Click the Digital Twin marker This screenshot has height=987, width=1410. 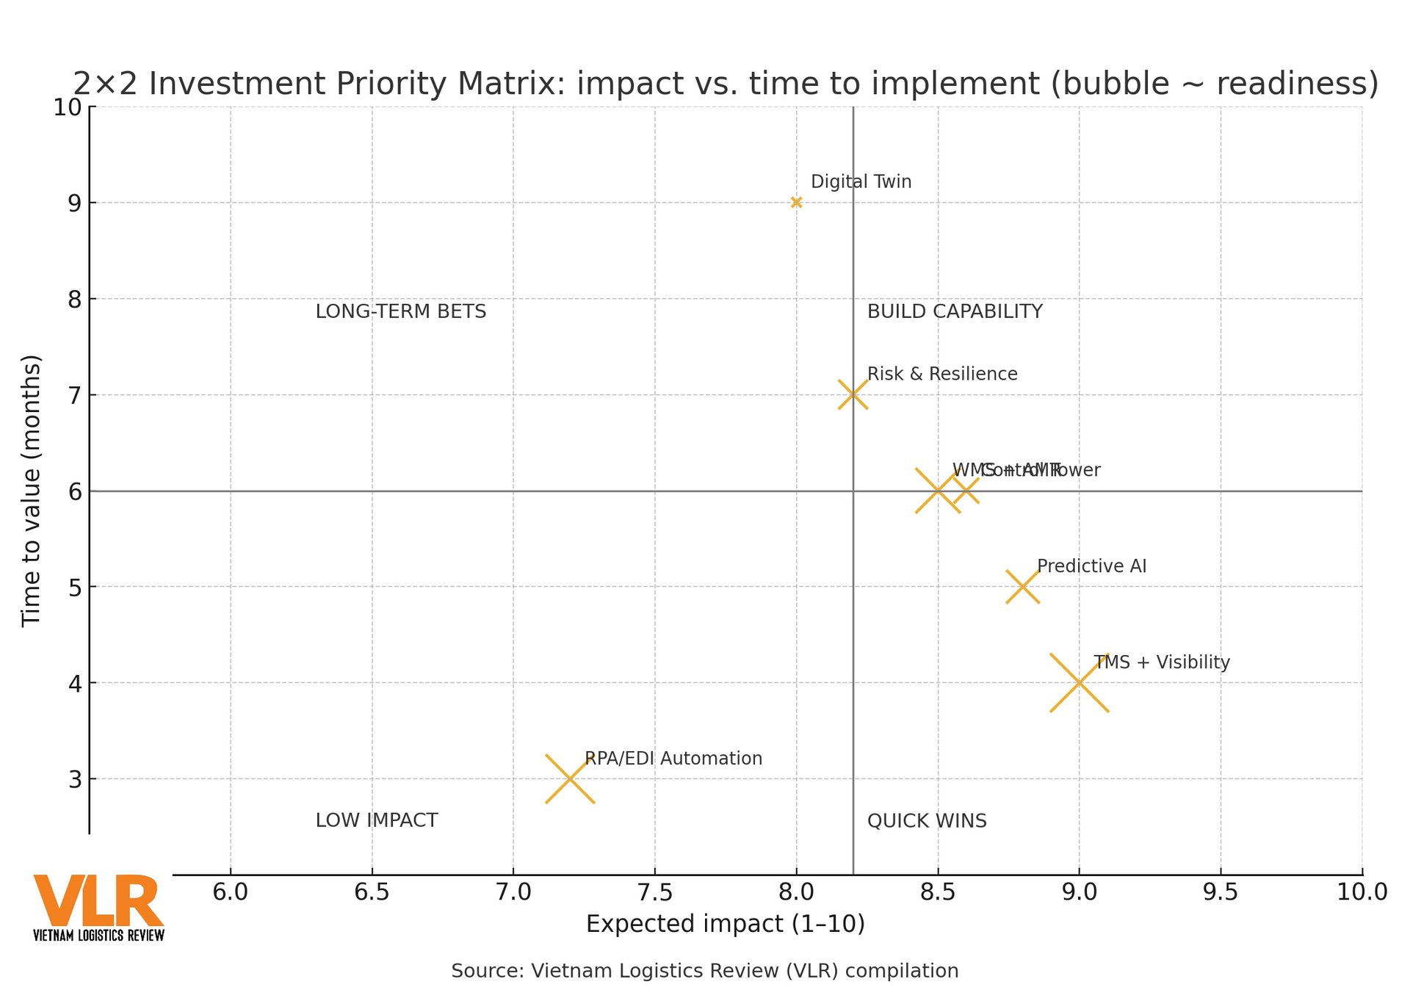coord(796,202)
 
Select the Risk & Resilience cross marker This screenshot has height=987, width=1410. coord(853,394)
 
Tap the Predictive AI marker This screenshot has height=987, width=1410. coord(1022,587)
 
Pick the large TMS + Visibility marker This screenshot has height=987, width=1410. coord(1079,683)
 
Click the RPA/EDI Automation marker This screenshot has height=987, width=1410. coord(570,778)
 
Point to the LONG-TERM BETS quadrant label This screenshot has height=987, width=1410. coord(400,311)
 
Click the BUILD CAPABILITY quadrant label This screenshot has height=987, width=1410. coord(954,311)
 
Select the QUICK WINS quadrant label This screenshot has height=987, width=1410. coord(926,821)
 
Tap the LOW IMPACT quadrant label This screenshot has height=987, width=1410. coord(376,821)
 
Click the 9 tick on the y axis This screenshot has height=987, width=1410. coord(75,203)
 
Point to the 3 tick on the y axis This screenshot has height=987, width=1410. coord(75,779)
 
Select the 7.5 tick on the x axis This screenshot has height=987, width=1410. coord(654,892)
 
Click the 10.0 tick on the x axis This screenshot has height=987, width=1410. coord(1362,892)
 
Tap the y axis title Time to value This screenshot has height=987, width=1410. coord(31,491)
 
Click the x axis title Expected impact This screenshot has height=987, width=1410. coord(725,924)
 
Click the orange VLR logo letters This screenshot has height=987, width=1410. coord(98,901)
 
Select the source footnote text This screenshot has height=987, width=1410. coord(704,971)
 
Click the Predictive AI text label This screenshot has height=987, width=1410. coord(1091,566)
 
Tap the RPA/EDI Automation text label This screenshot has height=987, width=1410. coord(673,759)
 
